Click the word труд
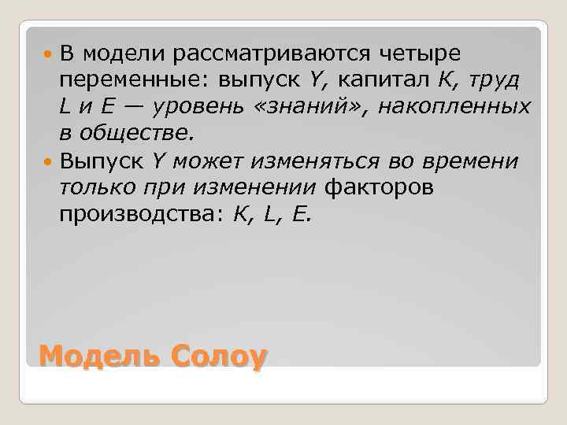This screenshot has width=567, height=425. (496, 80)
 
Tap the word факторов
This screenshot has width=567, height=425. (379, 187)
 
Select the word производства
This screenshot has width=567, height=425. (142, 214)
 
